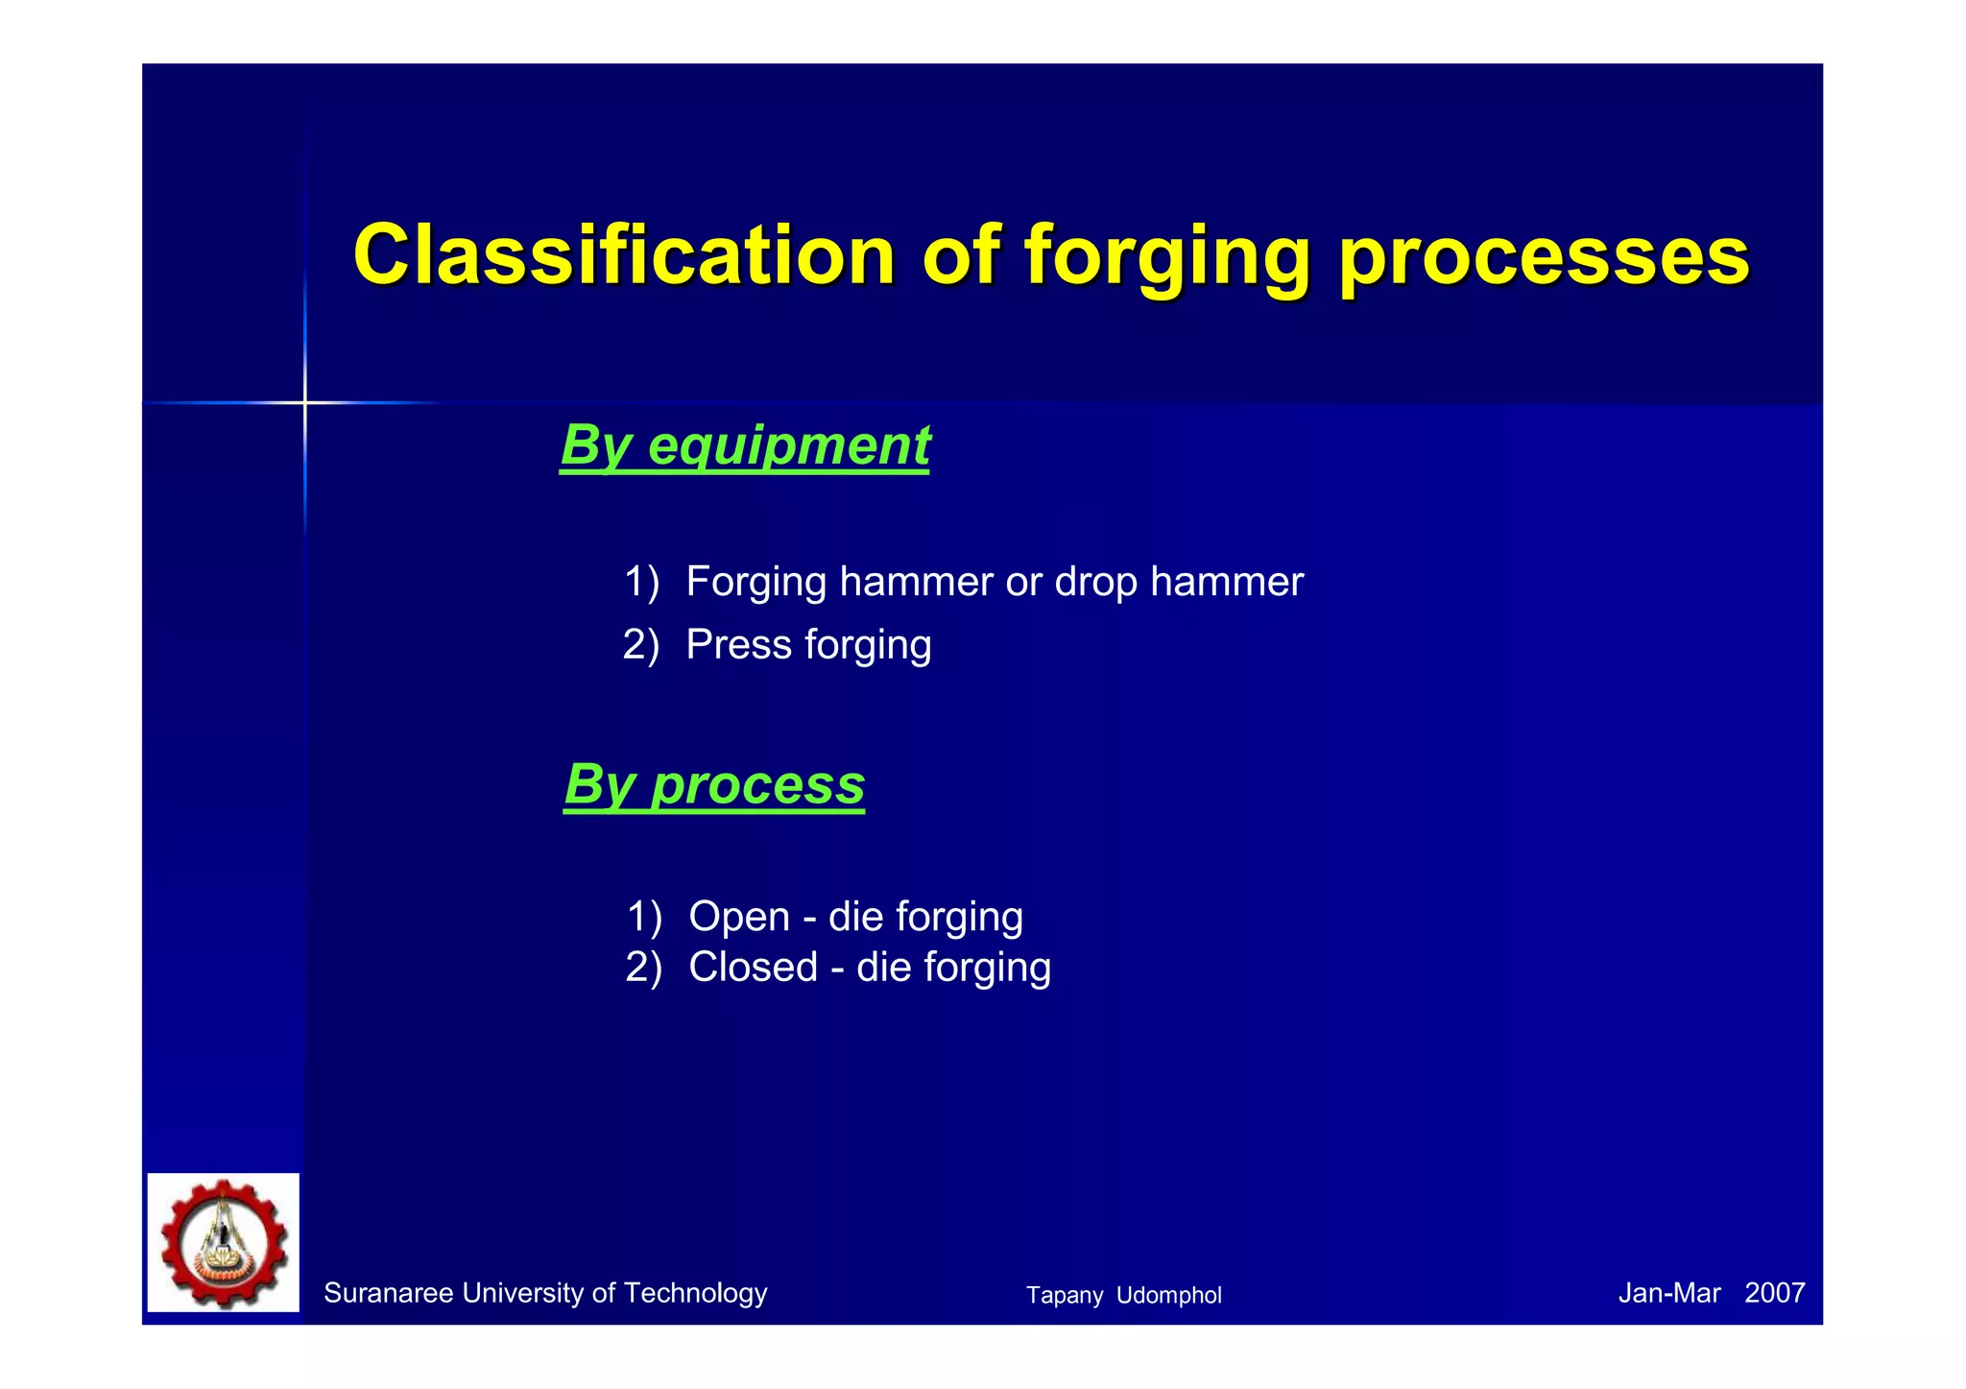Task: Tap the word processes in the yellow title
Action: coord(1544,257)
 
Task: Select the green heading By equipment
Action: coord(745,445)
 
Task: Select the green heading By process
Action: coord(714,784)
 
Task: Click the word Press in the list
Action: coord(738,644)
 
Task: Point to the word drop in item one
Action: coord(1095,582)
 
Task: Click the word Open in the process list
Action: coord(739,916)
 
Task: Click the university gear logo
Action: coord(224,1242)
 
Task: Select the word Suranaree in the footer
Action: coord(388,1293)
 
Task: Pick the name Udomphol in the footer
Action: coord(1168,1295)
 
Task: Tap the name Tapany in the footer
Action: coord(1064,1295)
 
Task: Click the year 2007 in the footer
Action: coord(1774,1293)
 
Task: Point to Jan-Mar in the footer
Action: coord(1668,1293)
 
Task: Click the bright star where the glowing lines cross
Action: coord(305,402)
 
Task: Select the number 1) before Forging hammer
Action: coord(641,582)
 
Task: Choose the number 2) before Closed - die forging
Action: coord(643,967)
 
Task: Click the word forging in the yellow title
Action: coord(1166,257)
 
